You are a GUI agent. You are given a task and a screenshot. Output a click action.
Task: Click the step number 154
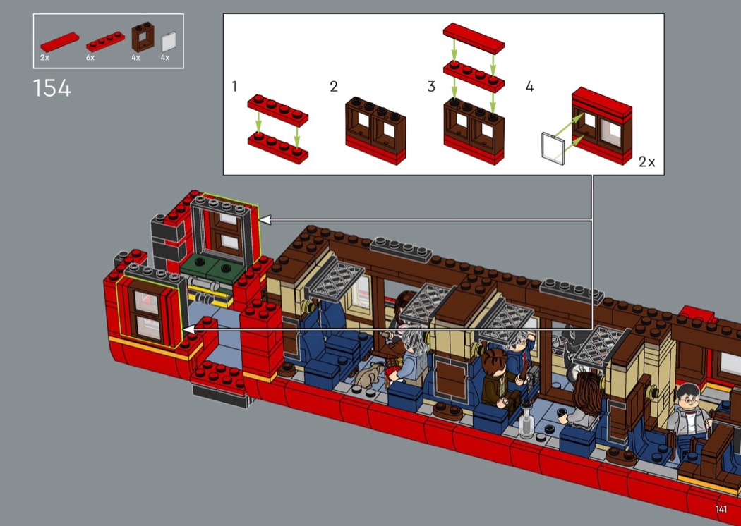pos(52,88)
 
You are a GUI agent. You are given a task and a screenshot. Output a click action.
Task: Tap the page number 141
pos(721,509)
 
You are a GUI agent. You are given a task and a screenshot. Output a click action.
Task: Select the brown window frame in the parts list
pos(143,39)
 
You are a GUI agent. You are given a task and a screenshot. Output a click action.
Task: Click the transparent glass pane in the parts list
pos(169,42)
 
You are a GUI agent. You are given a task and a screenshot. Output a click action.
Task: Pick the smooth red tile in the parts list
pos(59,42)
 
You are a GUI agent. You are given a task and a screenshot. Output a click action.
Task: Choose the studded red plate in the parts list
pos(105,42)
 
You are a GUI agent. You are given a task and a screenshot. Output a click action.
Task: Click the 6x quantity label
pos(90,58)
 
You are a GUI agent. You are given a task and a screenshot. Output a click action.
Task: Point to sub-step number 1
pos(234,87)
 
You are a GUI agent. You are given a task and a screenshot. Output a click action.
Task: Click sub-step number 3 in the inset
pos(431,87)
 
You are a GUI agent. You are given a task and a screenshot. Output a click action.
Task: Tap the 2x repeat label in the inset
pos(647,162)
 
